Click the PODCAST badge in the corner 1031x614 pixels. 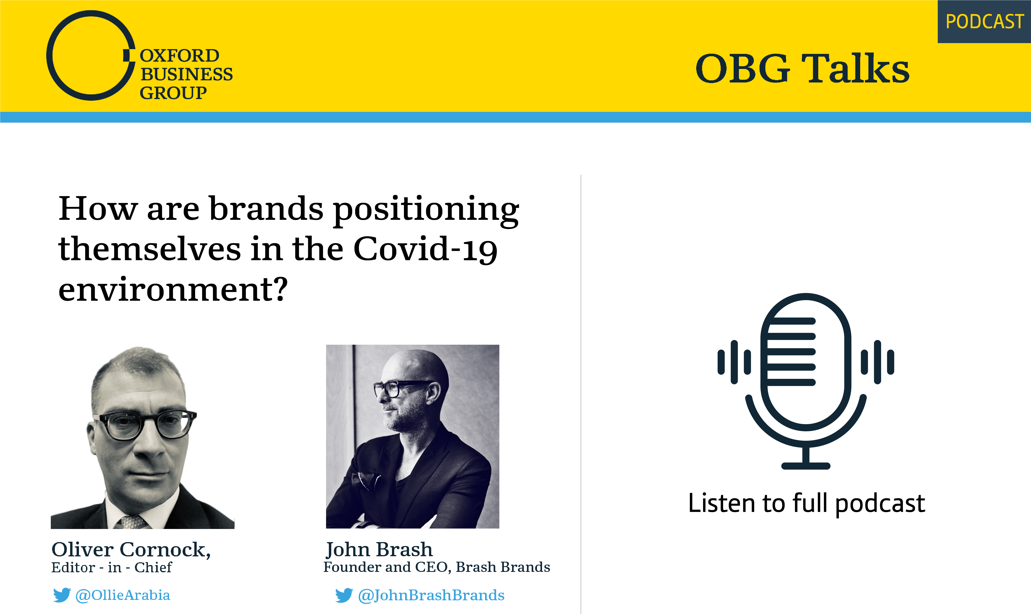pyautogui.click(x=984, y=22)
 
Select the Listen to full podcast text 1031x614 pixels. pyautogui.click(x=806, y=504)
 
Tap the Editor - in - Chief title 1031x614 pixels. pyautogui.click(x=111, y=567)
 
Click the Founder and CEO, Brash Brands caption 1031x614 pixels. pyautogui.click(x=436, y=567)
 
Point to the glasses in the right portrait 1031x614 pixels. pyautogui.click(x=399, y=388)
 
